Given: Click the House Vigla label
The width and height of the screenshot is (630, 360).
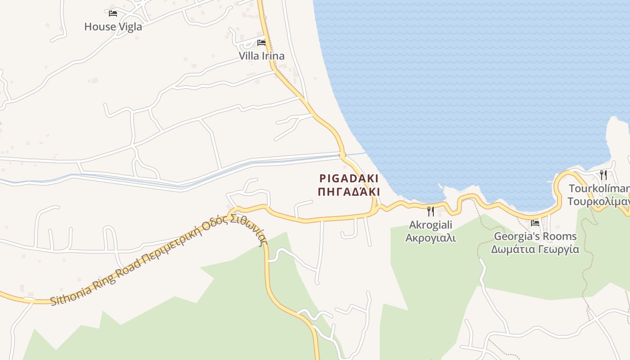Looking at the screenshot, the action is point(113,27).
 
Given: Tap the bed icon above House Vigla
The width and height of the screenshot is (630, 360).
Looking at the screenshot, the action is point(113,13).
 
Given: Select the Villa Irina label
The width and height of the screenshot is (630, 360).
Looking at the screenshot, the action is point(261,56).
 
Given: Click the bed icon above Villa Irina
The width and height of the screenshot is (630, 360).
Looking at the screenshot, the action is point(261,43).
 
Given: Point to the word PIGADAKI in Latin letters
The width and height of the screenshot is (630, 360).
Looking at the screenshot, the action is point(349,178).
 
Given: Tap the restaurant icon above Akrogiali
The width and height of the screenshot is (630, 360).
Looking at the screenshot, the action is point(431,211).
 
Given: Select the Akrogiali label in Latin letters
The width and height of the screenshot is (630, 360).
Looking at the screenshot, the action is point(431,225).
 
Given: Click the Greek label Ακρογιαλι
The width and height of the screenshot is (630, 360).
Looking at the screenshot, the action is point(431,238).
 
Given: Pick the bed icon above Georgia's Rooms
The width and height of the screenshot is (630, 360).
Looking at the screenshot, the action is point(535,223).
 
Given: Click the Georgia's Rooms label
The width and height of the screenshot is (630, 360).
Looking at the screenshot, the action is point(535,236).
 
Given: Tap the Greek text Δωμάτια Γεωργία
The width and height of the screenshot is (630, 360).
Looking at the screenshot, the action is point(535,249).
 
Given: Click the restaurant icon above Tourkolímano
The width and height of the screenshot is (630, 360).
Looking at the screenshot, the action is point(603,175).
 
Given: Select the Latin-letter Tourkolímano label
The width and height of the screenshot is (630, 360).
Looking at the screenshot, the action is point(599,188).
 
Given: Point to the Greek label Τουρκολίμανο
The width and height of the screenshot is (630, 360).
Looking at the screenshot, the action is point(598,201).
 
